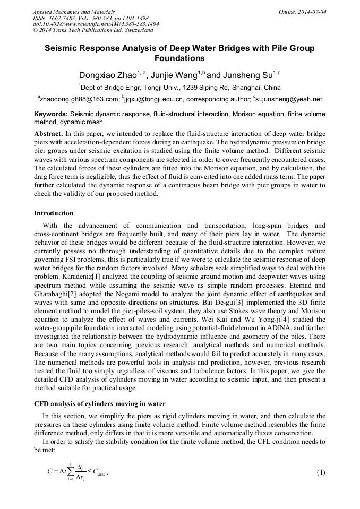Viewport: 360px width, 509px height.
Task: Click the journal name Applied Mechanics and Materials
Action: (x=73, y=11)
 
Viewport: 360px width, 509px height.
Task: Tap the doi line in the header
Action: (x=96, y=24)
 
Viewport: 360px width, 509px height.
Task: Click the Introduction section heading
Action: (x=54, y=213)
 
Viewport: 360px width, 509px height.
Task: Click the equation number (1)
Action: (x=320, y=472)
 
